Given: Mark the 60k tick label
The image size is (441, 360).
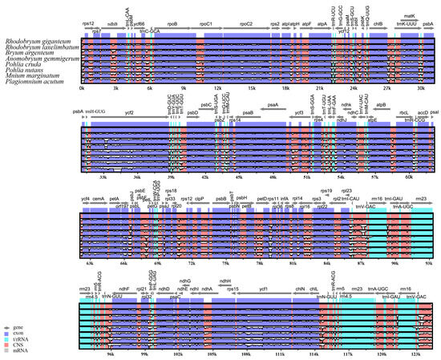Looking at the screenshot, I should tap(410, 176).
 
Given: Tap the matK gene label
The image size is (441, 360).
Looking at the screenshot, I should tap(408, 15).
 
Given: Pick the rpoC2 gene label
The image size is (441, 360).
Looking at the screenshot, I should tap(245, 25).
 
